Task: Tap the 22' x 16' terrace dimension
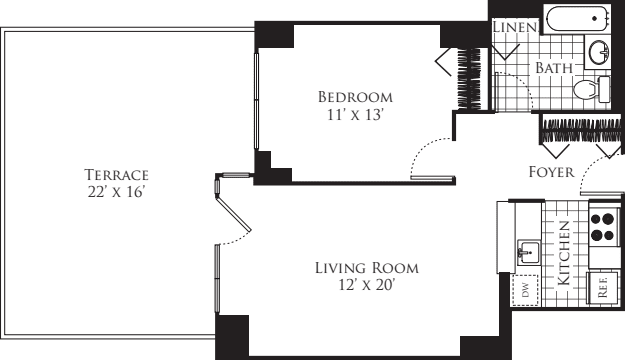[x=116, y=190]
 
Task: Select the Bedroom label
[x=355, y=97]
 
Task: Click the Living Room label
[x=366, y=268]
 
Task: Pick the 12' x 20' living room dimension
[x=366, y=286]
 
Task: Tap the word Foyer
[x=551, y=172]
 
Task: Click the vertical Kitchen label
[x=564, y=254]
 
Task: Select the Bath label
[x=554, y=68]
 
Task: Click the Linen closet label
[x=516, y=27]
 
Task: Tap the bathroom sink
[x=601, y=52]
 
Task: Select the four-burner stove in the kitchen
[x=602, y=228]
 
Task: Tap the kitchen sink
[x=528, y=251]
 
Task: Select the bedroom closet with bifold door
[x=464, y=78]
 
